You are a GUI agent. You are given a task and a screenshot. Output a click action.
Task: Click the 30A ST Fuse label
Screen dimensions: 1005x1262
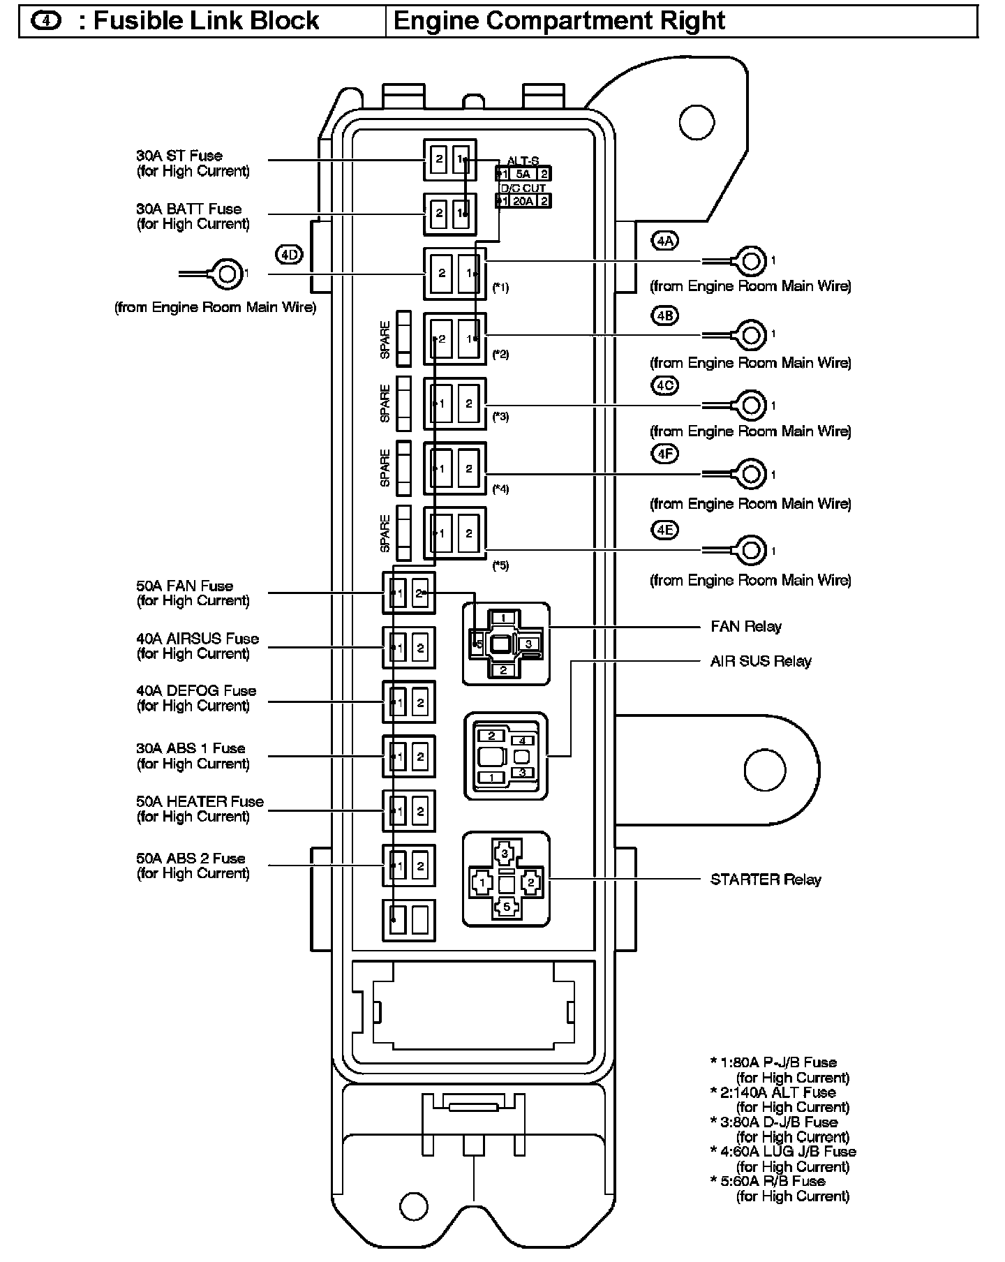click(179, 156)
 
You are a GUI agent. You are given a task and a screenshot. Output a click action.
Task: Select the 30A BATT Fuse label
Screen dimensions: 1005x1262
click(189, 209)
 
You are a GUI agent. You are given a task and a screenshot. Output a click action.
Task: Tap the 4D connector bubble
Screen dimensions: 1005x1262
click(289, 255)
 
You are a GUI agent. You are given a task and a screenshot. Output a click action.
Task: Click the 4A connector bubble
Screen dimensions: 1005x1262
click(664, 241)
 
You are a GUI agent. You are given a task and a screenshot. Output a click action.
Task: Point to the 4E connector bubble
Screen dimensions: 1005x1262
click(664, 530)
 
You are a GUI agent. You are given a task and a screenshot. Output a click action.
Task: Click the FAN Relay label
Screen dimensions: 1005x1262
click(746, 626)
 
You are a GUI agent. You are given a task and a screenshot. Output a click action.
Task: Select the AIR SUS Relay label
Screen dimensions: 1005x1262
click(761, 661)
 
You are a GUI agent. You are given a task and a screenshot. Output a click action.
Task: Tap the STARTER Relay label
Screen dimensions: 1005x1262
click(766, 879)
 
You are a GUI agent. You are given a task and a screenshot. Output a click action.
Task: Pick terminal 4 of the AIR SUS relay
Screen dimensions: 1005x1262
click(523, 741)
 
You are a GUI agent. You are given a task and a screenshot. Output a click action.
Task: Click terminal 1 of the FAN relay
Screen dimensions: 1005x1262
click(505, 617)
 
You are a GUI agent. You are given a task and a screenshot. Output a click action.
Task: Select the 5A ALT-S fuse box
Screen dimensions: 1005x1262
click(523, 174)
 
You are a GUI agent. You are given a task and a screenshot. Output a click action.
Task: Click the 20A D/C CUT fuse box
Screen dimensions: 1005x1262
click(523, 201)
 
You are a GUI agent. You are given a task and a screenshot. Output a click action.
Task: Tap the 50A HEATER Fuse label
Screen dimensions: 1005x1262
click(200, 801)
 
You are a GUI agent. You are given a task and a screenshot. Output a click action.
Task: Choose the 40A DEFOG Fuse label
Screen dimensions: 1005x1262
click(196, 690)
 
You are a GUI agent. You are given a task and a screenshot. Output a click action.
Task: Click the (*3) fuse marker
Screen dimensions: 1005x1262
click(500, 417)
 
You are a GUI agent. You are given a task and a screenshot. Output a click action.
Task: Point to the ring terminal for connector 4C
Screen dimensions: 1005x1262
click(750, 405)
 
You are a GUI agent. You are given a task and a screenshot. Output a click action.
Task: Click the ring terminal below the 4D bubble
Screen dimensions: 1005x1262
click(226, 274)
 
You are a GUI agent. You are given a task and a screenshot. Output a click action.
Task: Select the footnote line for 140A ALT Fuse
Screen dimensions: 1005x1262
click(773, 1092)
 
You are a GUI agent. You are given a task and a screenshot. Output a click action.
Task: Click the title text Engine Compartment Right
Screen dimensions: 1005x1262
click(560, 21)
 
